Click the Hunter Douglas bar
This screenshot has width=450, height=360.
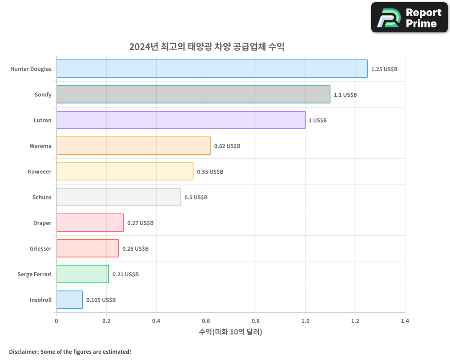(211, 69)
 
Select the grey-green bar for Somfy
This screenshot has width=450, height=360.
(193, 94)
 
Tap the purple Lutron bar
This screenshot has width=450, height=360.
(180, 120)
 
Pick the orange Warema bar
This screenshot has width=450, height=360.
(133, 146)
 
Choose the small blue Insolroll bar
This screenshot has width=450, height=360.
(69, 300)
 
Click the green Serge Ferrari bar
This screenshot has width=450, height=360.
(82, 274)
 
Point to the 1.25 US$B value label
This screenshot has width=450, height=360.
(384, 69)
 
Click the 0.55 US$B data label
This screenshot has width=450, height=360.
(210, 172)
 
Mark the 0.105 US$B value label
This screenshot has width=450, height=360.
(101, 300)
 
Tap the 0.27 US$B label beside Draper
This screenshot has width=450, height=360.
(140, 223)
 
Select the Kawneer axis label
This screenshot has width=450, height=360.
(40, 172)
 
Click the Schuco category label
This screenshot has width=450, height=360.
(42, 198)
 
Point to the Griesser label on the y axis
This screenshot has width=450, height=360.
(40, 249)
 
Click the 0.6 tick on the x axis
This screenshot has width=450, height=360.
(206, 321)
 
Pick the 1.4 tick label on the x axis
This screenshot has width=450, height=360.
(405, 321)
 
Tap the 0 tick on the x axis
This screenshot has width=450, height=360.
(56, 321)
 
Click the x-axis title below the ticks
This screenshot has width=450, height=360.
(230, 332)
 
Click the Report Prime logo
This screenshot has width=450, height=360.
(409, 18)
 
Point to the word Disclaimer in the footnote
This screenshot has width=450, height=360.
(23, 351)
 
